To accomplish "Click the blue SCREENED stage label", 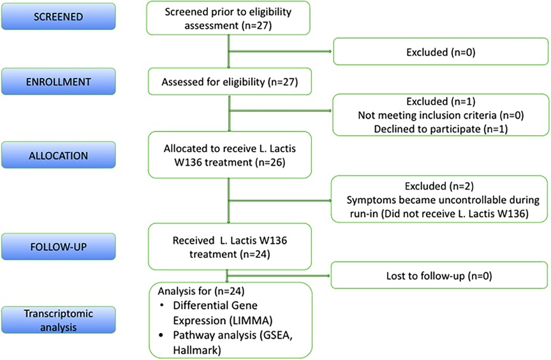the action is (x=58, y=16).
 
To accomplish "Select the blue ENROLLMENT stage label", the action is (x=58, y=82).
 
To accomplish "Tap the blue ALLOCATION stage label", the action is (x=58, y=155).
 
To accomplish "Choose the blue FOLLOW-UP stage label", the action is (x=58, y=246).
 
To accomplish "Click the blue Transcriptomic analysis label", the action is (x=58, y=320).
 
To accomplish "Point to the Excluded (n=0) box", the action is (x=441, y=52).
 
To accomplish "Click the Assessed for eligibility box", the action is (x=230, y=82).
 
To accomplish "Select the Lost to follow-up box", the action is (x=439, y=275).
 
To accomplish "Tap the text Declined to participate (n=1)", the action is (x=441, y=129).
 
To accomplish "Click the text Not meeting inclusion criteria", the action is (x=427, y=116).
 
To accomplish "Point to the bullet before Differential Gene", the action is (x=161, y=305).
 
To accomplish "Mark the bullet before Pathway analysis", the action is (x=161, y=335).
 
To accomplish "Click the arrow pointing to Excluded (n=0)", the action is (x=280, y=51).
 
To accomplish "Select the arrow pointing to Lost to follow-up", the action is (x=279, y=275).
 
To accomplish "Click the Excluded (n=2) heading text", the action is (x=439, y=186).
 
